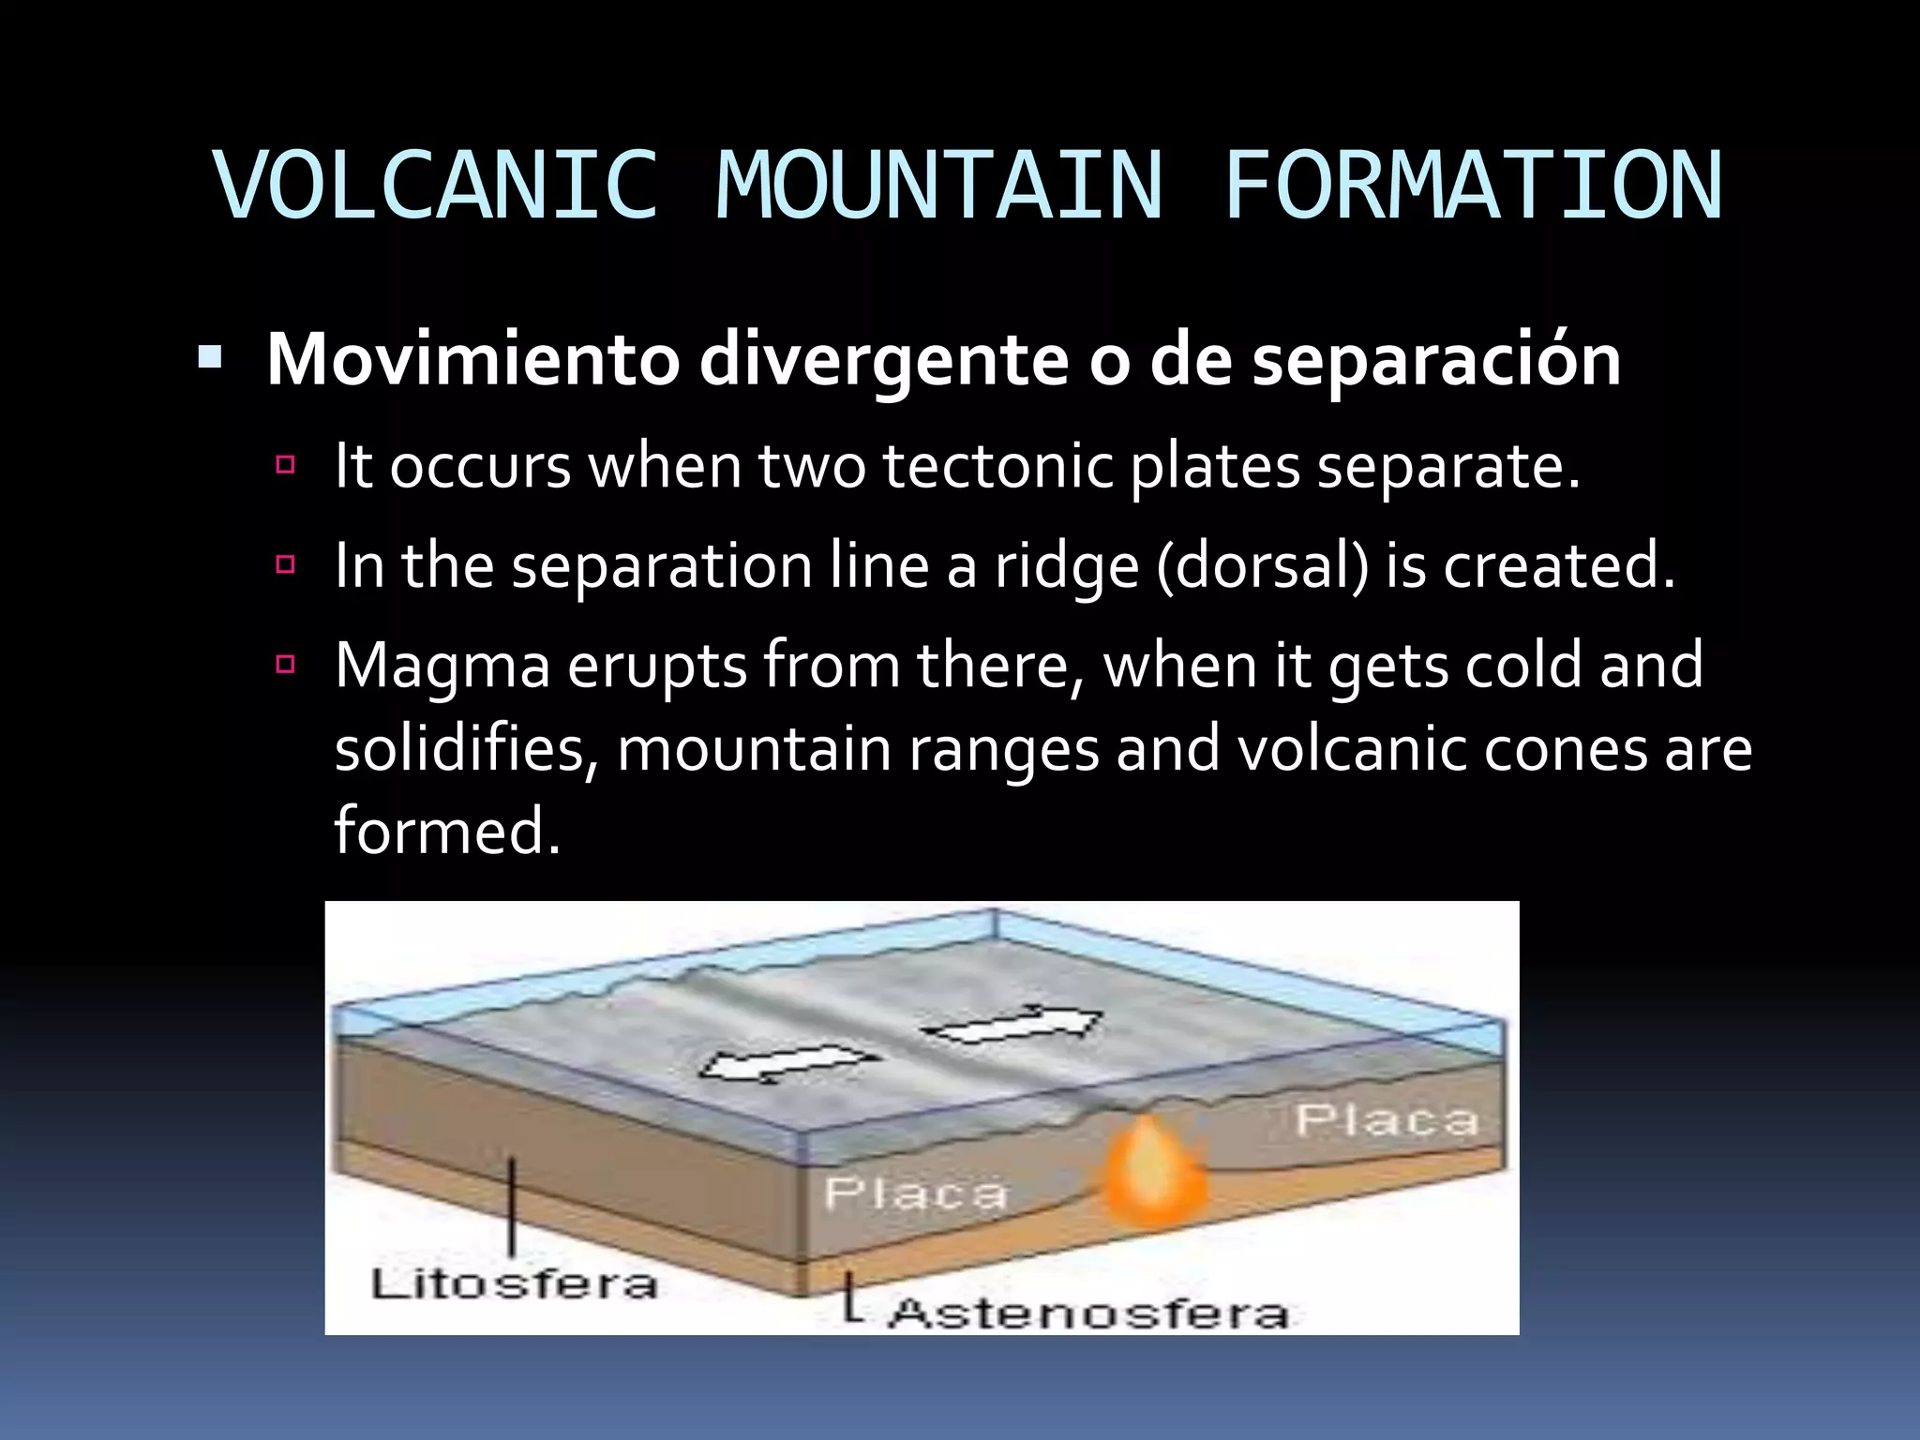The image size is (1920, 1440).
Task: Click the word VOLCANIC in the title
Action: pos(436,186)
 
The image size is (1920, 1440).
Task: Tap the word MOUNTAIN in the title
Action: pos(939,186)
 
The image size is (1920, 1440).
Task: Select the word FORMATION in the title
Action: pos(1473,186)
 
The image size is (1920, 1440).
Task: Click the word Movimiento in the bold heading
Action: pos(472,360)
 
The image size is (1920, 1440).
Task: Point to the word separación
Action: pos(1436,360)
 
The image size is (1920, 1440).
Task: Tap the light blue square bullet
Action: pos(210,357)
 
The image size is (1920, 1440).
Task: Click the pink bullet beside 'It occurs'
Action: pos(286,464)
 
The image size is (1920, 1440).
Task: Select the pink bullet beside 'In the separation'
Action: pos(286,564)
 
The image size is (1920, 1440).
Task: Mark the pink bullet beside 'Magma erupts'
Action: pos(286,665)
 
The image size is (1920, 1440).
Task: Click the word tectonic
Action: pos(997,466)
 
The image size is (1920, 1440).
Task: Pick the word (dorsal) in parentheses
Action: pos(1263,566)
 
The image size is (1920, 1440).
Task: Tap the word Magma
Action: pos(442,667)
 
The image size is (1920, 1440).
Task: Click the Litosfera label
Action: pos(514,1284)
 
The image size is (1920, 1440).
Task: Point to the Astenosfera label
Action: pos(1088,1312)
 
